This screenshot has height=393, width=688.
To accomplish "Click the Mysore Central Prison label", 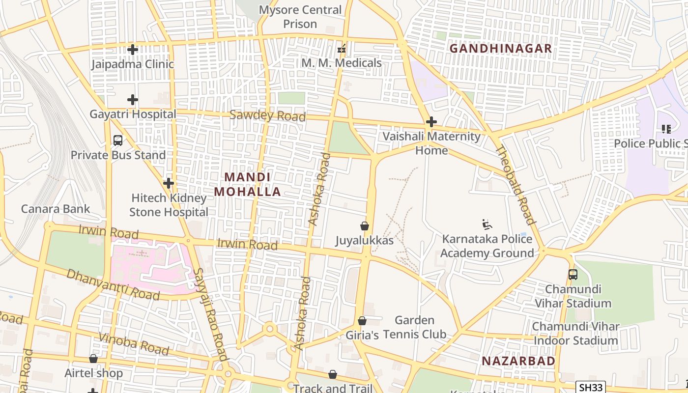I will [x=300, y=17].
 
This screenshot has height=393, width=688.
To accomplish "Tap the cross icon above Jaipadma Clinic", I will [x=132, y=50].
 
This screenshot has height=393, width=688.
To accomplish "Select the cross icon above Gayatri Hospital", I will [x=132, y=100].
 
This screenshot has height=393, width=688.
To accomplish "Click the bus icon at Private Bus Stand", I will [x=118, y=140].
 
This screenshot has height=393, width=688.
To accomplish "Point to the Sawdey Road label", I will [x=267, y=116].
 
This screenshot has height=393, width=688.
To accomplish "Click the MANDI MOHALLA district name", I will [x=248, y=184].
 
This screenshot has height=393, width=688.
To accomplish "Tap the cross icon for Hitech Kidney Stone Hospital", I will [x=169, y=183].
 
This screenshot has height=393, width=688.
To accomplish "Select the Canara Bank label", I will [x=56, y=209].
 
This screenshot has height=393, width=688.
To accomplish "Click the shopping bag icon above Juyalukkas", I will [x=365, y=226].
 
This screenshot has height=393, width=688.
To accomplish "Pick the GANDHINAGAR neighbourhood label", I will [x=501, y=49].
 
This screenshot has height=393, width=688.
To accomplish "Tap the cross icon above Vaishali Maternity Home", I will [x=431, y=122].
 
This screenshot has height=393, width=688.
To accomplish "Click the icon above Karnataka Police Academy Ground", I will [x=487, y=225].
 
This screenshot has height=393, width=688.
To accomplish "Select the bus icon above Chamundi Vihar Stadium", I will [x=573, y=275].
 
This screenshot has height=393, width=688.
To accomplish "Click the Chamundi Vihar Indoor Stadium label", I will [x=575, y=334].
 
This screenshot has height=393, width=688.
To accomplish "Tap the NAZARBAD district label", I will [x=518, y=361].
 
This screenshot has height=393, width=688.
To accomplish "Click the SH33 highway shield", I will [x=590, y=387].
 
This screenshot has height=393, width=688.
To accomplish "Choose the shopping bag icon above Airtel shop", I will [x=93, y=359].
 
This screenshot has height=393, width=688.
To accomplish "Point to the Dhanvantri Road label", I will [x=113, y=284].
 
